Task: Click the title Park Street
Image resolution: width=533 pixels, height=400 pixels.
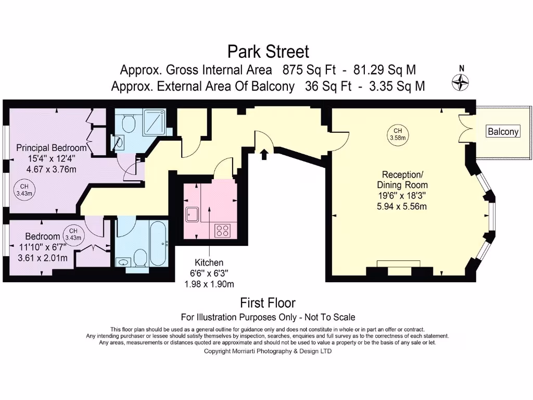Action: click(268, 52)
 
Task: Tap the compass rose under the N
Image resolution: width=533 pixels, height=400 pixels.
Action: click(461, 81)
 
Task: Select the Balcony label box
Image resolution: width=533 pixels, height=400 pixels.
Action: click(503, 131)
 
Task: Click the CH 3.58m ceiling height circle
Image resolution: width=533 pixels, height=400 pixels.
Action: click(398, 134)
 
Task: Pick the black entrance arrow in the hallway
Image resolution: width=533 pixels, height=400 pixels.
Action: click(264, 154)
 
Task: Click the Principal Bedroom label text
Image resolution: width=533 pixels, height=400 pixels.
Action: click(51, 147)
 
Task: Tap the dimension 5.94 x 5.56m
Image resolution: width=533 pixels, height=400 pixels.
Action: click(402, 206)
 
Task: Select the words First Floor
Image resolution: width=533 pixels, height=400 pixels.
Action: click(268, 303)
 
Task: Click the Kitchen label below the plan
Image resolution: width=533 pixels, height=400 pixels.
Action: click(209, 262)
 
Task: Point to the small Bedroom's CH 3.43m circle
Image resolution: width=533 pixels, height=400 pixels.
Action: click(73, 234)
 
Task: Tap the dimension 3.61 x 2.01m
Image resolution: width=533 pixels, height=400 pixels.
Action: click(43, 258)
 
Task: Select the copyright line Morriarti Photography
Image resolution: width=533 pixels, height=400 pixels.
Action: click(268, 351)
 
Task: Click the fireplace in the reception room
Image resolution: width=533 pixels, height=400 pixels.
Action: click(399, 264)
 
